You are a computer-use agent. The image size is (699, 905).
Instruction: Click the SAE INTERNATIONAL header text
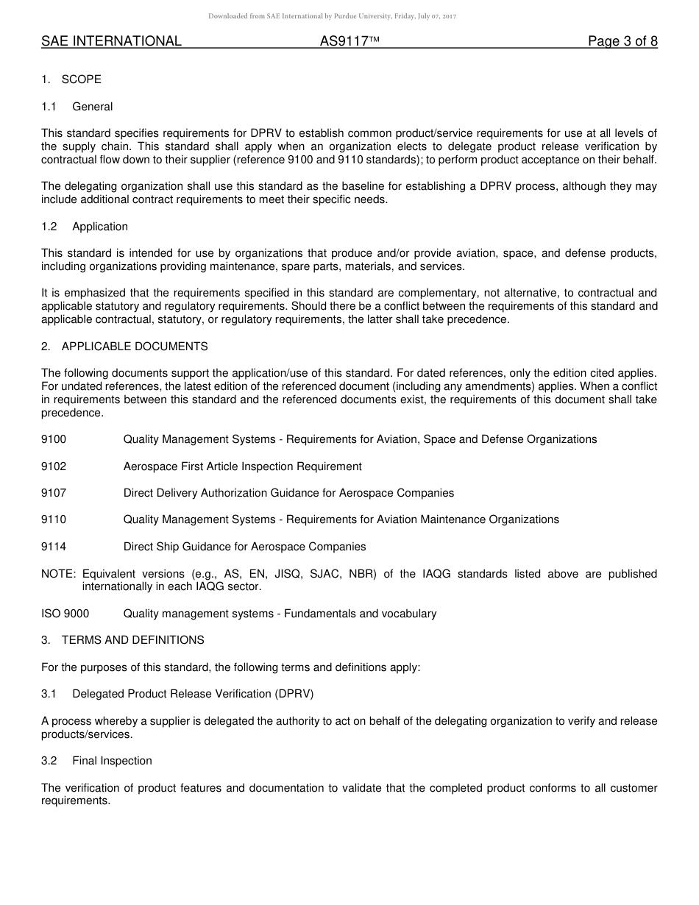(x=111, y=42)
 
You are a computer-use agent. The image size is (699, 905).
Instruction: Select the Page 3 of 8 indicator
(x=622, y=42)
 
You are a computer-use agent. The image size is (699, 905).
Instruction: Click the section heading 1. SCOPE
(x=71, y=79)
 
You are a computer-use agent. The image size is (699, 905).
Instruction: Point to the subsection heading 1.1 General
(x=77, y=107)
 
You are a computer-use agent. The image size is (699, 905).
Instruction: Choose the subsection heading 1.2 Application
(x=85, y=227)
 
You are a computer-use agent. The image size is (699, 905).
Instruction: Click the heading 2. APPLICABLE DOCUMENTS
(x=124, y=347)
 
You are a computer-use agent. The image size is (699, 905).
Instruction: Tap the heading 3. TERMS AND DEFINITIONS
(x=123, y=640)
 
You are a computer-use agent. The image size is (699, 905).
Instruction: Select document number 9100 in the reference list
(x=54, y=439)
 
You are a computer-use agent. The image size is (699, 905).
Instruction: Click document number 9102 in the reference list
(x=54, y=466)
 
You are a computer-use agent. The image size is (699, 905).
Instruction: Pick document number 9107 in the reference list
(x=54, y=493)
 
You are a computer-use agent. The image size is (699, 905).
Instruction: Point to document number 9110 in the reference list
(x=54, y=519)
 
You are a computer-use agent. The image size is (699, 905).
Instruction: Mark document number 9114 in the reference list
(x=54, y=547)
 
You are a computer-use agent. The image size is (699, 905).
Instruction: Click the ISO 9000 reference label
(x=65, y=614)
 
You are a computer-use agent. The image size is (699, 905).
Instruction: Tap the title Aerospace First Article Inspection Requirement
(x=243, y=466)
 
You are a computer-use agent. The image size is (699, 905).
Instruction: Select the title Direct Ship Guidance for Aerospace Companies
(x=244, y=547)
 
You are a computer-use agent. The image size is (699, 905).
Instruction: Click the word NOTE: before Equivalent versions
(x=59, y=574)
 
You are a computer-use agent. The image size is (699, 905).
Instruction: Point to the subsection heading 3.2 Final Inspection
(x=97, y=761)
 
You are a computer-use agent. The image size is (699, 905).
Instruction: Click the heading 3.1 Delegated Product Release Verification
(x=177, y=694)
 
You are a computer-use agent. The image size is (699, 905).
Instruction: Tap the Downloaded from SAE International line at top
(x=332, y=16)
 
